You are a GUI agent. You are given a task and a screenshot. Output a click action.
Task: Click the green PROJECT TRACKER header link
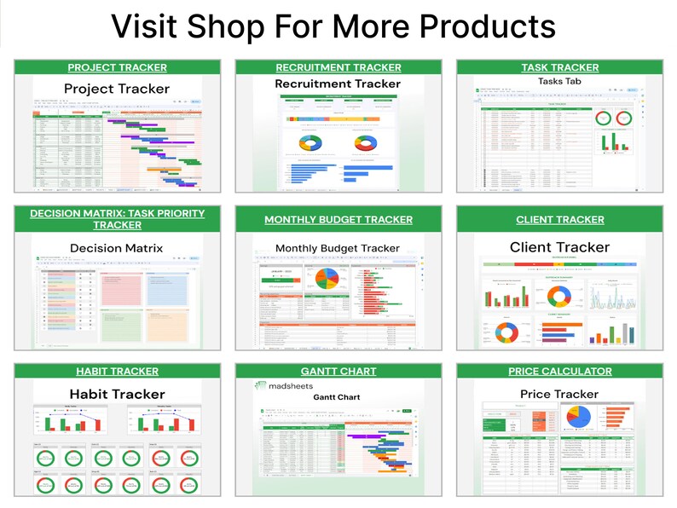pyautogui.click(x=118, y=67)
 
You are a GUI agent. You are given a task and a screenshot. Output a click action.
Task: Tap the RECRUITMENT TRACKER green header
pyautogui.click(x=338, y=67)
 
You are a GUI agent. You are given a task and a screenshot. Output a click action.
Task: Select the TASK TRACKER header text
pyautogui.click(x=560, y=67)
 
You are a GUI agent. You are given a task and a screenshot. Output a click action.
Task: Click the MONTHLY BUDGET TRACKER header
pyautogui.click(x=338, y=220)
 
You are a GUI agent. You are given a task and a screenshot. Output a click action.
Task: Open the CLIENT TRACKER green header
pyautogui.click(x=560, y=220)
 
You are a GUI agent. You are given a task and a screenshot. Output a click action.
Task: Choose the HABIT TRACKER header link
pyautogui.click(x=118, y=372)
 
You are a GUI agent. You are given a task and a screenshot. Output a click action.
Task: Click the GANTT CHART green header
pyautogui.click(x=338, y=372)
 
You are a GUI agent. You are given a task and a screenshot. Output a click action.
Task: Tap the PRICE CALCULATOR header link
pyautogui.click(x=560, y=372)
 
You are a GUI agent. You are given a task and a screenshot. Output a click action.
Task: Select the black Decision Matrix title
pyautogui.click(x=116, y=249)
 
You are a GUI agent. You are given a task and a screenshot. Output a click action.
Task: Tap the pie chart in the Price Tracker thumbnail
pyautogui.click(x=579, y=417)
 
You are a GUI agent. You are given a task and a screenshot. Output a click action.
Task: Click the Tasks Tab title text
pyautogui.click(x=560, y=82)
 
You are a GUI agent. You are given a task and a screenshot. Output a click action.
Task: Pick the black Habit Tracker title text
pyautogui.click(x=118, y=394)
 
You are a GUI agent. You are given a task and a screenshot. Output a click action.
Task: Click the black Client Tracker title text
pyautogui.click(x=560, y=247)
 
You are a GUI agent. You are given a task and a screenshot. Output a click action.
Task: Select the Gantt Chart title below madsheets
pyautogui.click(x=337, y=398)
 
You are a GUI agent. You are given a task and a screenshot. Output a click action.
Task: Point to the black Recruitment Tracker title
pyautogui.click(x=338, y=84)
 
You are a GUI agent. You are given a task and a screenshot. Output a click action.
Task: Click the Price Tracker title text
pyautogui.click(x=559, y=394)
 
